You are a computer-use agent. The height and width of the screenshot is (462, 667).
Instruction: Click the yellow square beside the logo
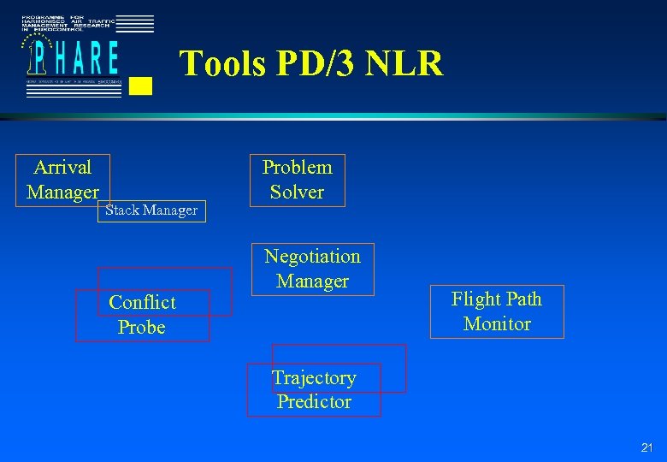point(142,85)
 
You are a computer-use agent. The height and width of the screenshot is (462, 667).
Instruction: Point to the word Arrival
point(62,167)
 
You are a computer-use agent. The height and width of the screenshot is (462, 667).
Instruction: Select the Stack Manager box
point(151,210)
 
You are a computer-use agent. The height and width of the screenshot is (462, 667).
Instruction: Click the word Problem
point(297,168)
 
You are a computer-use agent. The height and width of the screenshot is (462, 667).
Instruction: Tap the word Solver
point(297,192)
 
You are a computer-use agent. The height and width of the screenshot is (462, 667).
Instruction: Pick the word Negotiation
point(312,256)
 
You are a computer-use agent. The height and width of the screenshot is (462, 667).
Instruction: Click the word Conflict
point(142,303)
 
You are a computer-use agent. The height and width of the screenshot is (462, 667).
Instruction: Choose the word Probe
point(142,328)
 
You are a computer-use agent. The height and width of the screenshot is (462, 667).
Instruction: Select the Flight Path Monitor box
point(497,311)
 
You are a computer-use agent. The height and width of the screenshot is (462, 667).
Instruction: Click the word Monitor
point(497,323)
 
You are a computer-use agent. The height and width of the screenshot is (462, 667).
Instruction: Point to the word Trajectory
point(314,377)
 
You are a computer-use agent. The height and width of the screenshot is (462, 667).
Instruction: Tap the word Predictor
point(314,401)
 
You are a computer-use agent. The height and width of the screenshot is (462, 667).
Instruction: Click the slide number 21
point(646,447)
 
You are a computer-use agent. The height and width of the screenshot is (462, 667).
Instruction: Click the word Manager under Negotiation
point(312,281)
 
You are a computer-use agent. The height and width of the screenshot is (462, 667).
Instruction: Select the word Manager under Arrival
point(62,192)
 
